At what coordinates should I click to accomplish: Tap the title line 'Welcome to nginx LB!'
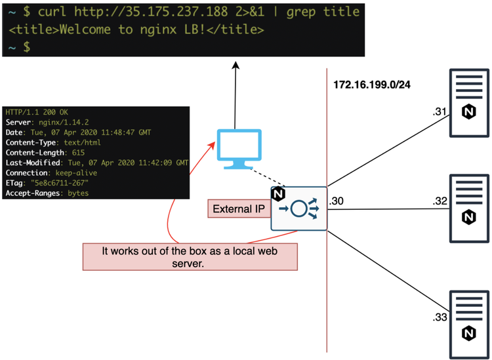point(136,30)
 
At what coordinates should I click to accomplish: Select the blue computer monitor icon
point(240,148)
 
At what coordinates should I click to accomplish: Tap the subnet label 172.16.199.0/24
point(368,85)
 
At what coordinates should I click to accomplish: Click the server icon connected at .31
point(468,104)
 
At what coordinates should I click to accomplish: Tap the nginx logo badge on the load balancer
point(278,194)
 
